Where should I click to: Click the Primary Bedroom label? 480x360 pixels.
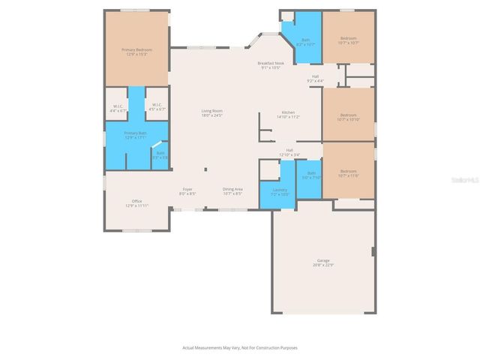pos(136,52)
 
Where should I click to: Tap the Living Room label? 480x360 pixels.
pos(212,113)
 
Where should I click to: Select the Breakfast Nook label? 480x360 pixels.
pos(268,65)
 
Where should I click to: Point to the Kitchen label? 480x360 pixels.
pos(288,115)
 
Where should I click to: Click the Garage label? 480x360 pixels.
pos(322,262)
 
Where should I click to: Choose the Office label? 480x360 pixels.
pos(136,202)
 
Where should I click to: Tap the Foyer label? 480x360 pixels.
pos(187,191)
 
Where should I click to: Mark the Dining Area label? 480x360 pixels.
pos(232,191)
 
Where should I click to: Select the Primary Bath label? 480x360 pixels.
pos(136,135)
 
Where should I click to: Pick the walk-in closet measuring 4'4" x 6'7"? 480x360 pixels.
pos(118,108)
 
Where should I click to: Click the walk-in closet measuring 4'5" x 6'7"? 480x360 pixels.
pos(156,108)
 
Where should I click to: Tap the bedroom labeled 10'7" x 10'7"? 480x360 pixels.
pos(348,40)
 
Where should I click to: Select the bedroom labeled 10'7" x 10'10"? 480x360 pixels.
pos(348,117)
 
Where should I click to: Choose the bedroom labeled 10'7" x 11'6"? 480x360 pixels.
pos(348,173)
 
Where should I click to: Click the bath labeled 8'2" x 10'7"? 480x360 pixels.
pos(305,42)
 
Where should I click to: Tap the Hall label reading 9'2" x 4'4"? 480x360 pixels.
pos(316,78)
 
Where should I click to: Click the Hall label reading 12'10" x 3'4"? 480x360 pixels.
pos(289,152)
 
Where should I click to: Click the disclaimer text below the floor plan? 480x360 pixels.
pos(239,348)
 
